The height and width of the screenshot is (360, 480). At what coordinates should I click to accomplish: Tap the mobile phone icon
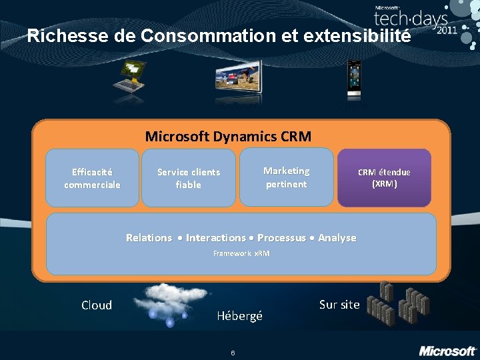tap(353, 79)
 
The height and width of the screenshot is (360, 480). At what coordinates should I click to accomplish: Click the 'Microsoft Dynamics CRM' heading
tap(228, 137)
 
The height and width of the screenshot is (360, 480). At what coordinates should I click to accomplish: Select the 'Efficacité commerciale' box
tap(92, 178)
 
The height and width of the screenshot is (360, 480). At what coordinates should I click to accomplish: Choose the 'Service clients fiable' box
tap(189, 178)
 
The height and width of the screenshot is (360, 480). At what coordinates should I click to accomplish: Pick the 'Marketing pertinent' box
tap(286, 177)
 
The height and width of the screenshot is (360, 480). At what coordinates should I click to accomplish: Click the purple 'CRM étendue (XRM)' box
tap(384, 177)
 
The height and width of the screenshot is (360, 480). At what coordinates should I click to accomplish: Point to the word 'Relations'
tap(149, 238)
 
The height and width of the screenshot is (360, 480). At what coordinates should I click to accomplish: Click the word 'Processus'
tap(281, 238)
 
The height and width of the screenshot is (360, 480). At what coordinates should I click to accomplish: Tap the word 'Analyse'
tap(337, 238)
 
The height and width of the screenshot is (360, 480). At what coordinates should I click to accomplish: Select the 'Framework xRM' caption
tap(241, 254)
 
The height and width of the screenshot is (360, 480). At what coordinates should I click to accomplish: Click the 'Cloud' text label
tap(97, 305)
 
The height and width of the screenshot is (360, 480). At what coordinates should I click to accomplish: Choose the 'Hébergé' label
tap(240, 316)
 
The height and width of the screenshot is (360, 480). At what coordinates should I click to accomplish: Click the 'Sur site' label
tap(339, 305)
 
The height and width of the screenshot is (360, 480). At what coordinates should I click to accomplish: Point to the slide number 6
tap(233, 353)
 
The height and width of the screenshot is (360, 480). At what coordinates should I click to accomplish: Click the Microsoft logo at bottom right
tap(447, 350)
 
